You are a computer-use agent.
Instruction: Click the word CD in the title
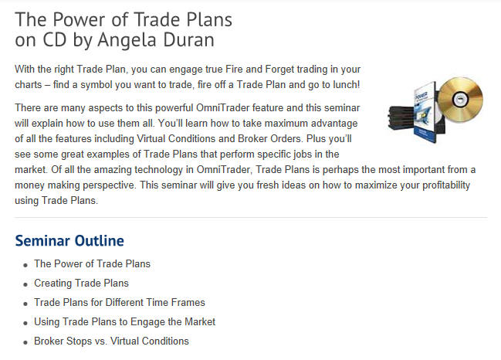55,39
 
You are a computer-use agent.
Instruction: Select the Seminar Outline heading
69,241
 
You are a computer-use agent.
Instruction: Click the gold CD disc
460,100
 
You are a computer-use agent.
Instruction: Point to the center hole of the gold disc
460,99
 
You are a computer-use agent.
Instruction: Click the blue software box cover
425,112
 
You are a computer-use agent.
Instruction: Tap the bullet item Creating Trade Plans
81,284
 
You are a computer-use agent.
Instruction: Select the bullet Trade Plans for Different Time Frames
120,303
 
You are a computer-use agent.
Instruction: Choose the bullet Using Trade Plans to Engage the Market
124,322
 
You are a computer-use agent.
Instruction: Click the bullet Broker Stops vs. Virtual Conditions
111,341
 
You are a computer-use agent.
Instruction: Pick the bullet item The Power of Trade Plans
92,263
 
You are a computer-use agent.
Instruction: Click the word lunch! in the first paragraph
347,85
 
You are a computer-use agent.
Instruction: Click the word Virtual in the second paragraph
151,139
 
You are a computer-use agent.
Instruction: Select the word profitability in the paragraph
446,185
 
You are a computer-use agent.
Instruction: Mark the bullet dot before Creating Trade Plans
25,284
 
